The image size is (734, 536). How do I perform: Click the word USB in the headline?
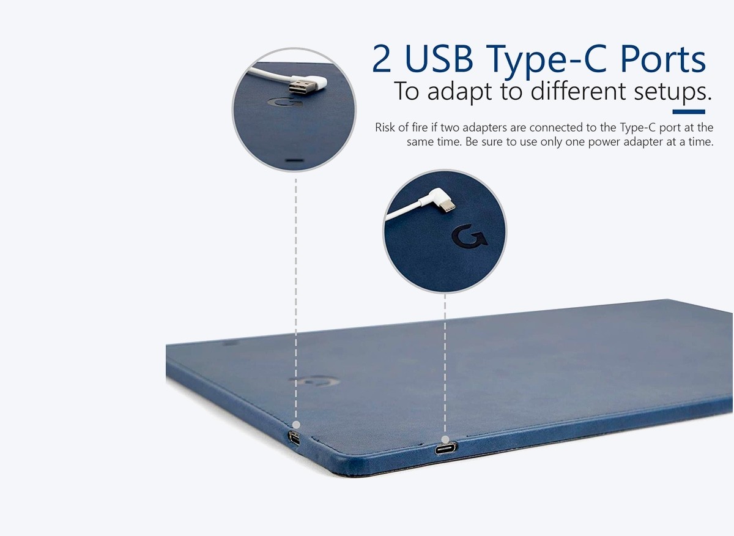tap(439, 59)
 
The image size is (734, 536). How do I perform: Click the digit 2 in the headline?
tap(382, 59)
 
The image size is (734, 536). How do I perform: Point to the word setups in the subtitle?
tap(673, 91)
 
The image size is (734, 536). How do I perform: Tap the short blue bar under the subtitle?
tap(689, 112)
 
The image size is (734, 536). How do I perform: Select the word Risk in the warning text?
tap(385, 127)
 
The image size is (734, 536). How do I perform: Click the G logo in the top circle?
tap(285, 102)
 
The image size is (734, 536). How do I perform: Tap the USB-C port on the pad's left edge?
tap(294, 438)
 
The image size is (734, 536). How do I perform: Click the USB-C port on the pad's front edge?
tap(446, 448)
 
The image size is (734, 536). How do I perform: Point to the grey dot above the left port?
tap(296, 425)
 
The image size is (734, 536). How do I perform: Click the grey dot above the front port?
tap(445, 439)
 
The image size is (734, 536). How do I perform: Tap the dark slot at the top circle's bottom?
tap(295, 161)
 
